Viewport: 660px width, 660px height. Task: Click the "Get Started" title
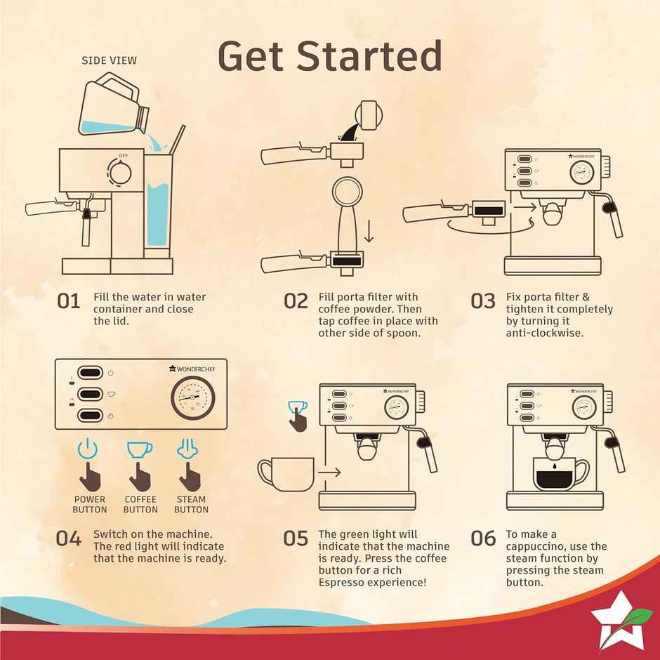(330, 56)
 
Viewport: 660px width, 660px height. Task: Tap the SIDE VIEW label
(109, 60)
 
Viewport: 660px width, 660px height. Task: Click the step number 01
(69, 301)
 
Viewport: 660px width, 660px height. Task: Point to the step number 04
(69, 539)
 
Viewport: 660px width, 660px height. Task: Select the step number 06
(483, 539)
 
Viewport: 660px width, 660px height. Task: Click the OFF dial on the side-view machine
(120, 172)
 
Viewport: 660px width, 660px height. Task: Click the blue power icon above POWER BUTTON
(88, 448)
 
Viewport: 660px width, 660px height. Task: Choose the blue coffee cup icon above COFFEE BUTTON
(140, 449)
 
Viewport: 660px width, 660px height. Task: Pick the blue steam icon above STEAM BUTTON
(187, 448)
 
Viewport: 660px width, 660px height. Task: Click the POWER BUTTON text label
(90, 504)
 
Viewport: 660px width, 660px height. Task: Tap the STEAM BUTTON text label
(191, 504)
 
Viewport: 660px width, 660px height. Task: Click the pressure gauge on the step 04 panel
(193, 398)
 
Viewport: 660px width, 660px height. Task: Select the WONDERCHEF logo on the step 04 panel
(192, 369)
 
